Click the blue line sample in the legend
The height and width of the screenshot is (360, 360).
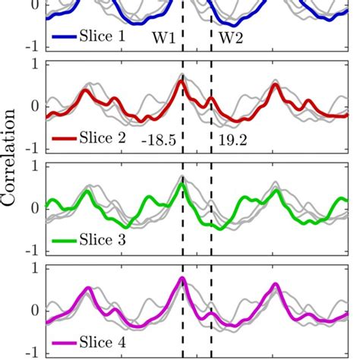click(x=65, y=36)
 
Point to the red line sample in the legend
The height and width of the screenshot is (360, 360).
click(x=65, y=139)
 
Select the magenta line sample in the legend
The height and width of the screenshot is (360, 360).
click(x=65, y=343)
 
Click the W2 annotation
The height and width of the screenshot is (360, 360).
click(x=231, y=37)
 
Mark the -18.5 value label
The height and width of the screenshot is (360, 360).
click(x=158, y=140)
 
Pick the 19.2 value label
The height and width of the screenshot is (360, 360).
click(x=232, y=140)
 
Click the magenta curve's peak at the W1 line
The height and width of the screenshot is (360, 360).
click(x=182, y=279)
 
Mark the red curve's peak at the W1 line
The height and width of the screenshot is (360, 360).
click(x=181, y=81)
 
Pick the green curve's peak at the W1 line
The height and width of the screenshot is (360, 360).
click(x=181, y=184)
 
